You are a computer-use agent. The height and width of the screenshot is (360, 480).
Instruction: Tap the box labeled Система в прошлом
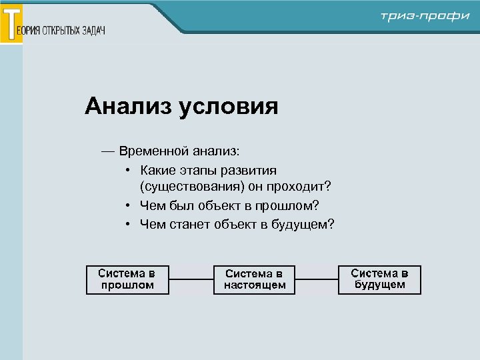127,279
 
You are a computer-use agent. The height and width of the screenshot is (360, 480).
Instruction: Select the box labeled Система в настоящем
255,279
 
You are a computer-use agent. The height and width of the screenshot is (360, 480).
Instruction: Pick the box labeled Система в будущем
379,279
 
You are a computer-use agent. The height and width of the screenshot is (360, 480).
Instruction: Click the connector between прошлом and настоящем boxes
191,279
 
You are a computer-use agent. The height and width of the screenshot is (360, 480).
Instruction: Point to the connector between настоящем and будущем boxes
317,279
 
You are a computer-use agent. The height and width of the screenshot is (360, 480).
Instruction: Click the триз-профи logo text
425,17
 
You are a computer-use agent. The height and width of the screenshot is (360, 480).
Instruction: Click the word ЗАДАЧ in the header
94,31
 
